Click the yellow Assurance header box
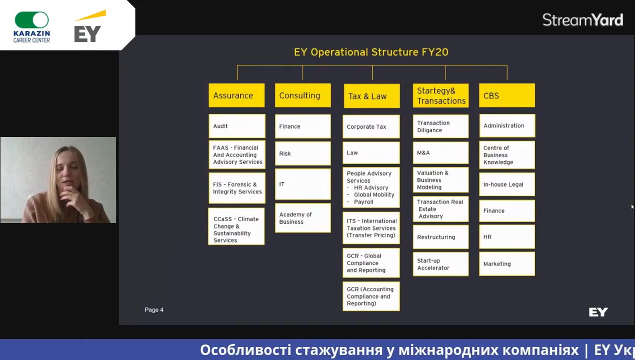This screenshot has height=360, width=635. point(236,95)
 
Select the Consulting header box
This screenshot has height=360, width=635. point(303,95)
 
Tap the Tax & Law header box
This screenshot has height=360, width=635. point(372,96)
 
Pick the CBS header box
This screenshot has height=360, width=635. point(507,95)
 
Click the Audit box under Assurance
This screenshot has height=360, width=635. point(237,126)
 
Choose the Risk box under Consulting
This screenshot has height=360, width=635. point(303,153)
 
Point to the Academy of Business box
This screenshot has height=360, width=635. point(303,218)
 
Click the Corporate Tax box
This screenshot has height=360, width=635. point(371,126)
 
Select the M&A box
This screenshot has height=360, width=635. point(441,152)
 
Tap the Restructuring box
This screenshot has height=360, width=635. point(441,237)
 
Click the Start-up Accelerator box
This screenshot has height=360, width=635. point(441,264)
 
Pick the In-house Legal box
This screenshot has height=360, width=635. point(507,184)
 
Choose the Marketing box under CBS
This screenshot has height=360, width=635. point(507,263)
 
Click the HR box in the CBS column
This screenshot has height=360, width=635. point(507,236)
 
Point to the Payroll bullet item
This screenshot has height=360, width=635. point(363,202)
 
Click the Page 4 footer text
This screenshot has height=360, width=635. point(154,310)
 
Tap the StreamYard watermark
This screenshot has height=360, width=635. point(583,20)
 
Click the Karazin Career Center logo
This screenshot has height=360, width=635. point(32,27)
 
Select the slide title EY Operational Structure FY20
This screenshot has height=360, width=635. point(371,52)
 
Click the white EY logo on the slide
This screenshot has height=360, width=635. point(598,312)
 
